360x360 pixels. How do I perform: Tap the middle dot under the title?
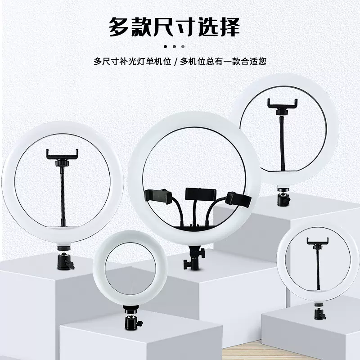174,46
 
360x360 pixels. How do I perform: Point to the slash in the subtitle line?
176,61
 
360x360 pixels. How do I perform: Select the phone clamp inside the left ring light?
63,154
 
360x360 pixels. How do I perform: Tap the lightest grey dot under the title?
182,46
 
